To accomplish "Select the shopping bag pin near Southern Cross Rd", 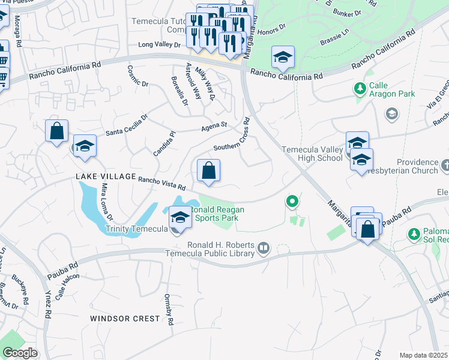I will coord(208,171).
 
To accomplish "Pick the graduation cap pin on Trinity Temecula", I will coord(179,217).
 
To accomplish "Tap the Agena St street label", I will coord(214,126).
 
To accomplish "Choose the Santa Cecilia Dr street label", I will coord(127,125).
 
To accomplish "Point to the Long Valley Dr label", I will coord(159,44).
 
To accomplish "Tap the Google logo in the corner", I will coord(20,353).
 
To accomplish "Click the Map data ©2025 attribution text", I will coord(424,355).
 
